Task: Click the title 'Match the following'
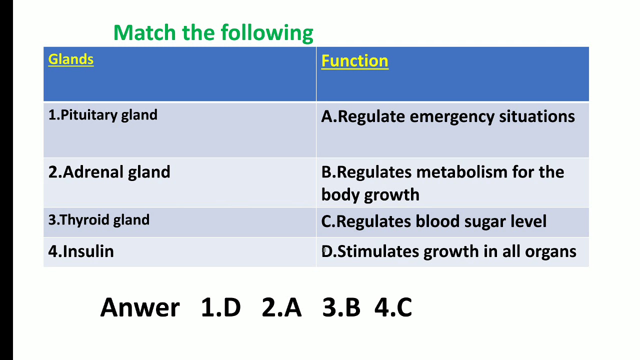point(213,33)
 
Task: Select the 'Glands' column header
point(70,59)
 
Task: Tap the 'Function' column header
point(354,61)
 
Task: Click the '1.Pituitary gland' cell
point(102,115)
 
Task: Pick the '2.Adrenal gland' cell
point(109,172)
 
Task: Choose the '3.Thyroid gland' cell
point(98,220)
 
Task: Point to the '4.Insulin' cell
point(81,251)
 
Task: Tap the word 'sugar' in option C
point(471,221)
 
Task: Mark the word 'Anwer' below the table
point(139,307)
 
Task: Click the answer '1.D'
point(220,307)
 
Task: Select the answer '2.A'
point(281,307)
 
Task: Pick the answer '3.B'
point(341,307)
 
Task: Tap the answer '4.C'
point(393,307)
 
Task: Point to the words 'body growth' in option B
point(370,194)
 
